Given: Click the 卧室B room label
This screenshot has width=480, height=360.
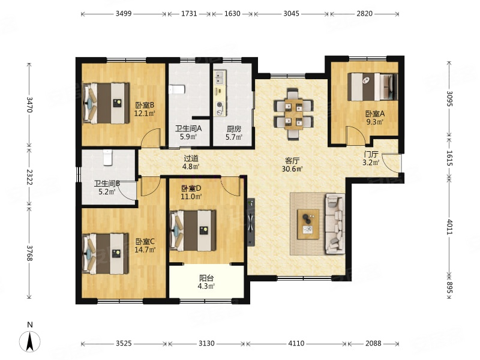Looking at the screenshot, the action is pos(145,106).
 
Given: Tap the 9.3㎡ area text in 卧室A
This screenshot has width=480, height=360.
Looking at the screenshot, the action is pos(375,122).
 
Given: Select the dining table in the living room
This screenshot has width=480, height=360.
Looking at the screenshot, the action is pos(294,114).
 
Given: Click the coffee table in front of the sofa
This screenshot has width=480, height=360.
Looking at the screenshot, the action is pos(308,224).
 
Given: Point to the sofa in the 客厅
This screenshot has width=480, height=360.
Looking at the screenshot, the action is pos(335,223).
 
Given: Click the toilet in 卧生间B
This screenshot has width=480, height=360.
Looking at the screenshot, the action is pos(107,157).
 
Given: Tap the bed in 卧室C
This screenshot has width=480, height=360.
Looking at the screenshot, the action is pos(106,254).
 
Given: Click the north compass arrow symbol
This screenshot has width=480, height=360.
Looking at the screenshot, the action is pos(29,341).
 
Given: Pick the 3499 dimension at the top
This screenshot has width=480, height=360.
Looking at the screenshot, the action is pos(124,13).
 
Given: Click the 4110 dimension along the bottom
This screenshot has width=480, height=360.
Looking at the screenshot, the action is pos(296,343).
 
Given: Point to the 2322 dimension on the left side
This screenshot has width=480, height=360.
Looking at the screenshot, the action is pos(29,177).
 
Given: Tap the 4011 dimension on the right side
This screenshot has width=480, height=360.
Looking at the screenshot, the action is pos(449,227).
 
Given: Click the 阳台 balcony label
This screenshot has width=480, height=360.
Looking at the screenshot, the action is pos(206,278).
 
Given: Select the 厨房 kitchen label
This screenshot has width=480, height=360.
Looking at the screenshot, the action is pos(234,129).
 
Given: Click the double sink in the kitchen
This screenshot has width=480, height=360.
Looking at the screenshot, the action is pos(220,78).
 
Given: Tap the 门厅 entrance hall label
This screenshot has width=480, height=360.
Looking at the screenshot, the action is pos(371,154).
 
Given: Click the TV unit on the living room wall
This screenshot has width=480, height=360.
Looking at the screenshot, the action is pos(251,222).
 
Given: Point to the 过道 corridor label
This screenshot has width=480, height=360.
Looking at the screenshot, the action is pos(191,158).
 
